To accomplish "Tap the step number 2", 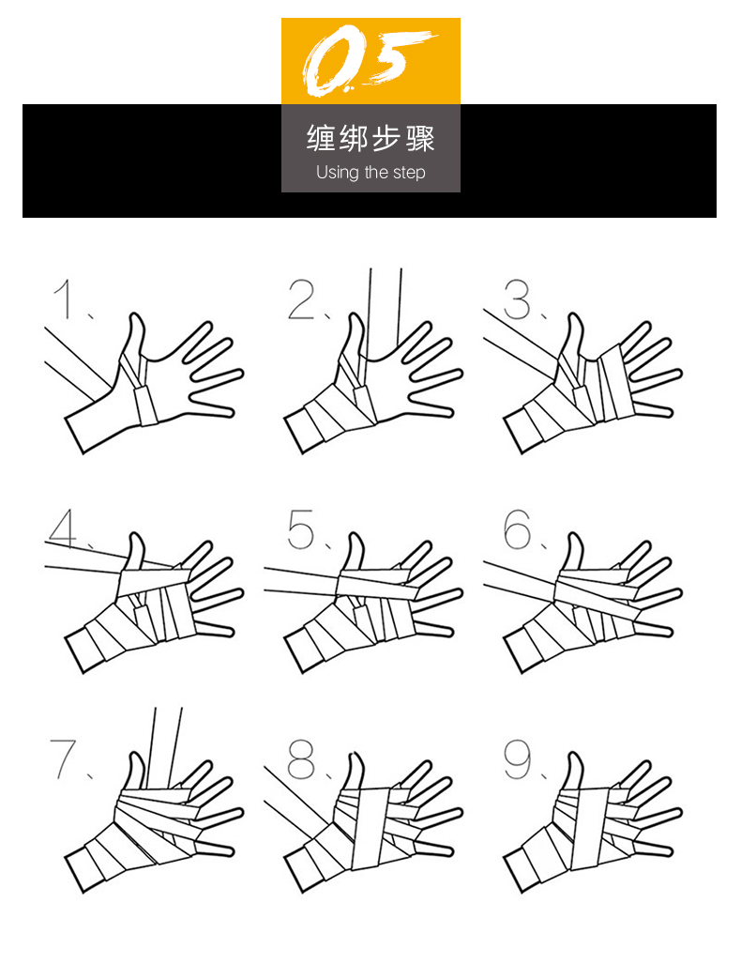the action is pyautogui.click(x=302, y=299).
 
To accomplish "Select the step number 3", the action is pyautogui.click(x=517, y=299).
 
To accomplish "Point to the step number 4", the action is pyautogui.click(x=63, y=528).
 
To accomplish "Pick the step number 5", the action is pyautogui.click(x=301, y=529).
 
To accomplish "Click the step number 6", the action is pyautogui.click(x=517, y=528).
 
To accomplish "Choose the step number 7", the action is pyautogui.click(x=63, y=758).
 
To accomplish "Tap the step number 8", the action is pyautogui.click(x=301, y=758).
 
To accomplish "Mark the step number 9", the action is pyautogui.click(x=518, y=758).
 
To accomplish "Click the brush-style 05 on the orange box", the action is pyautogui.click(x=369, y=60).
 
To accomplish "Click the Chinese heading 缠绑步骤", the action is pyautogui.click(x=370, y=138).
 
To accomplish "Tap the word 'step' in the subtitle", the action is pyautogui.click(x=409, y=173).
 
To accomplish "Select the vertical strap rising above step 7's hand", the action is pyautogui.click(x=165, y=747).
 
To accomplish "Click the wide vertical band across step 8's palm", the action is pyautogui.click(x=370, y=829).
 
